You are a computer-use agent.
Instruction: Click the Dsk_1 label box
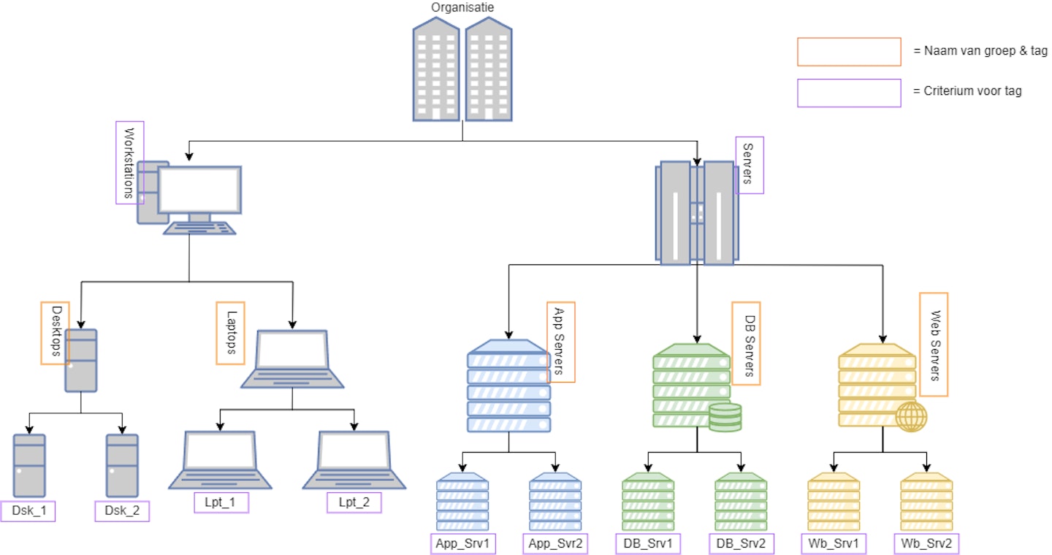click(29, 510)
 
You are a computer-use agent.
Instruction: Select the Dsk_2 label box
click(122, 510)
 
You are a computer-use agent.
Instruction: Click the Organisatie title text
click(462, 7)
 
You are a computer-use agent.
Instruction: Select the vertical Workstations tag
click(130, 163)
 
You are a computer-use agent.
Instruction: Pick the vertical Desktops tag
click(56, 333)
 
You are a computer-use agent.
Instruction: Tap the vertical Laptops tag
click(230, 332)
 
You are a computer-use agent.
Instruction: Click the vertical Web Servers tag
click(934, 344)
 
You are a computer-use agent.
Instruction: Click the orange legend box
click(849, 52)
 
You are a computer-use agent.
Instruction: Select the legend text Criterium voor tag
click(967, 91)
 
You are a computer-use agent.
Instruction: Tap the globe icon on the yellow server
click(911, 416)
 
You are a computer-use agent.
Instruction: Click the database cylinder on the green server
click(725, 417)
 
